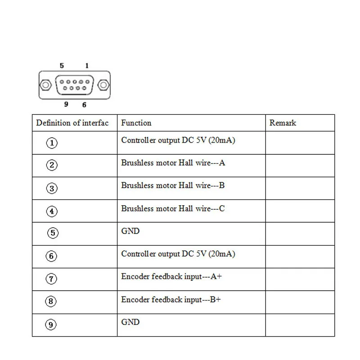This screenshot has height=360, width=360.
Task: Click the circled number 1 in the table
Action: [x=52, y=143]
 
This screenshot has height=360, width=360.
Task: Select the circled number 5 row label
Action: [x=53, y=233]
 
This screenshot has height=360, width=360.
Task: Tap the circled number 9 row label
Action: [x=51, y=324]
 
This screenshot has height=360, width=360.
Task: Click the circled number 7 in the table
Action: [x=51, y=279]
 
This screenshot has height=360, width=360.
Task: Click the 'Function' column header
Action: [x=136, y=123]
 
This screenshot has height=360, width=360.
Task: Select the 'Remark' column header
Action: [x=283, y=123]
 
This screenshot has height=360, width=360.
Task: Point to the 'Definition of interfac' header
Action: [x=72, y=123]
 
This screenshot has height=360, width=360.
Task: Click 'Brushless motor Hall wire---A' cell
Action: [x=173, y=163]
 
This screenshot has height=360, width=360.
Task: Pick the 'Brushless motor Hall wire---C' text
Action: [x=173, y=208]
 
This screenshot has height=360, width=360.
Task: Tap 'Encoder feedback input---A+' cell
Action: [x=171, y=276]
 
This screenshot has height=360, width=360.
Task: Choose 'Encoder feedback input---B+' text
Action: [x=171, y=300]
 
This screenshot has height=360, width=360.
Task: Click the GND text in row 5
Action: [x=130, y=231]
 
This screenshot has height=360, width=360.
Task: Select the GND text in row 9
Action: [x=130, y=322]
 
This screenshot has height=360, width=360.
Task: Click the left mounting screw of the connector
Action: [x=45, y=85]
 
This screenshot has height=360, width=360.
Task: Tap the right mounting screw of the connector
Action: [x=103, y=85]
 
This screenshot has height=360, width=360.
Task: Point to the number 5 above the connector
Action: [x=62, y=66]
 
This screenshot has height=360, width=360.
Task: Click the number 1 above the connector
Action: [x=87, y=66]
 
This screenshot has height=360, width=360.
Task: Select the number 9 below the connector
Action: [x=66, y=104]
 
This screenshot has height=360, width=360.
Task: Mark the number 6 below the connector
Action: [x=84, y=105]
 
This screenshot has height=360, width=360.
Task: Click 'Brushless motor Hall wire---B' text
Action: [x=173, y=185]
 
